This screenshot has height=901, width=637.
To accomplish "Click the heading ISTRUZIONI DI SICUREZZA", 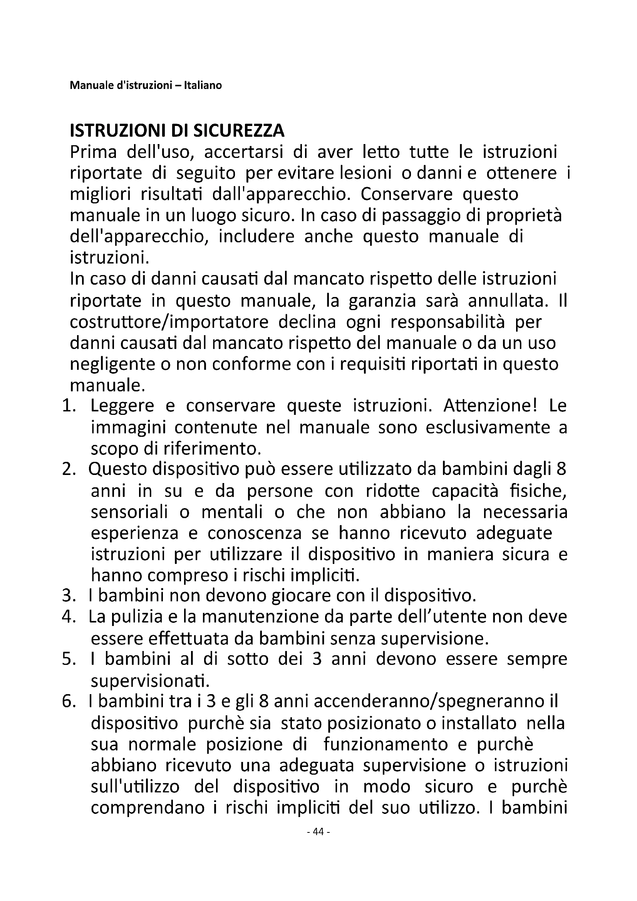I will [177, 131].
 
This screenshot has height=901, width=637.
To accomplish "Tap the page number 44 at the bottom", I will [318, 842].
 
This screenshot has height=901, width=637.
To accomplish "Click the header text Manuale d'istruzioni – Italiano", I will [146, 85].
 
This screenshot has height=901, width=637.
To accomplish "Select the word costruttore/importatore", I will [169, 322].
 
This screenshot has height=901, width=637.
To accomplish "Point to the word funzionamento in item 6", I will [386, 745].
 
